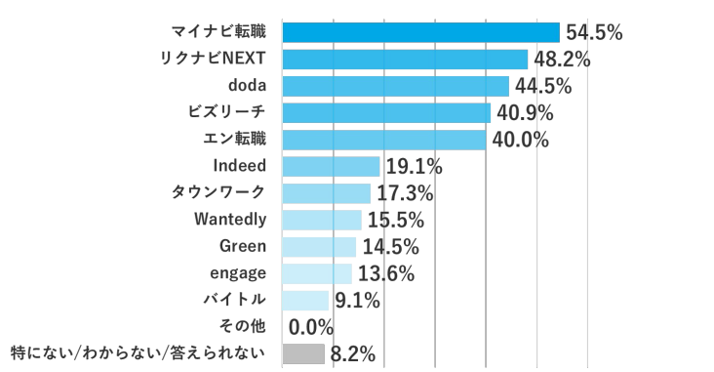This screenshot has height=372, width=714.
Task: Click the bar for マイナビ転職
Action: coord(420,32)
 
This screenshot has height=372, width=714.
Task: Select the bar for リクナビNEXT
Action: coord(404,60)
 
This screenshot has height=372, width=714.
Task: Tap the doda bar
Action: coord(395,86)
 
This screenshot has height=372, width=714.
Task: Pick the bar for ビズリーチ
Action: coord(385,112)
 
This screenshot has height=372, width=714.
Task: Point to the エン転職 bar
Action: coord(383,140)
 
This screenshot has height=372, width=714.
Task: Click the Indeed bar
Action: coord(331,166)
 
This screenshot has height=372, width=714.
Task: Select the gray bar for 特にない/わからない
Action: coord(303,353)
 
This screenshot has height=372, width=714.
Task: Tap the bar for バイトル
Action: coord(305,300)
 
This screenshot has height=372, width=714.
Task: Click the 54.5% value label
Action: coord(593,33)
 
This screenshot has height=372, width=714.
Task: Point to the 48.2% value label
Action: coord(561,60)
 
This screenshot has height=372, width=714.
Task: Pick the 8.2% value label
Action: coord(352,353)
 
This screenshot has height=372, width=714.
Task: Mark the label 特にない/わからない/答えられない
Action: coord(137,352)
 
